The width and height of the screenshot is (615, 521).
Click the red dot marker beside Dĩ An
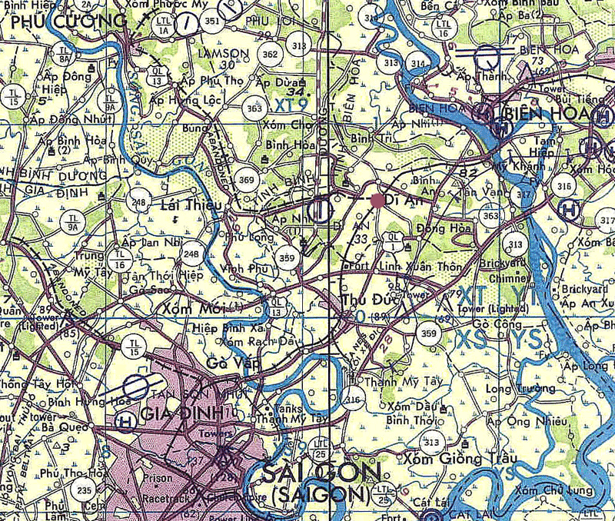[377, 201]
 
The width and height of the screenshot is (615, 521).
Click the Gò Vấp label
[228, 362]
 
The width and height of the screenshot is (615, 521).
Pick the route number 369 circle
[247, 179]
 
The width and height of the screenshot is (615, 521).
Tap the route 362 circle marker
[270, 55]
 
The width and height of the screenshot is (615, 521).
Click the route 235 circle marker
[84, 491]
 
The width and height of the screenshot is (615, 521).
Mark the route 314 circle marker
[417, 64]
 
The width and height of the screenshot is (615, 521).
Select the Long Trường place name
[512, 390]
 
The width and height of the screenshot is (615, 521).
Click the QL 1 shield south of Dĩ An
[393, 238]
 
